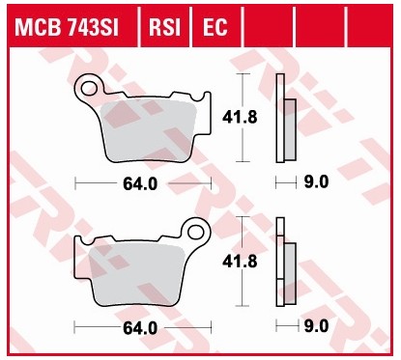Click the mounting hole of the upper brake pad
90,89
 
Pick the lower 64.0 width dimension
141,328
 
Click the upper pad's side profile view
284,117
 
